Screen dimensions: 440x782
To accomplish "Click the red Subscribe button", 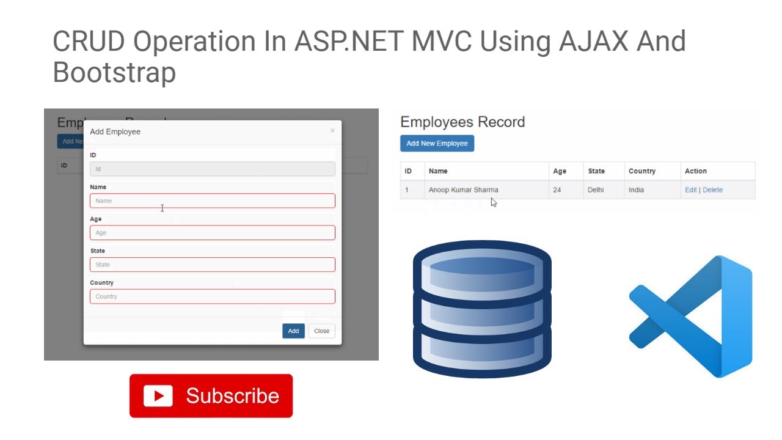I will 211,396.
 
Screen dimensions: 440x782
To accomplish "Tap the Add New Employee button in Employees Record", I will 437,144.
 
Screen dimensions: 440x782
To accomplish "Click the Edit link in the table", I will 690,190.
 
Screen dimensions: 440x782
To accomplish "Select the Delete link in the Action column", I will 712,190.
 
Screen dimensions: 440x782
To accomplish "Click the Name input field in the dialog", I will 212,201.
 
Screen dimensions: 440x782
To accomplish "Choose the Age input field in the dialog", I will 212,233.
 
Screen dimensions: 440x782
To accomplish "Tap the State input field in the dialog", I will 212,265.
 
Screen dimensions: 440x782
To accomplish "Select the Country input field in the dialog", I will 212,296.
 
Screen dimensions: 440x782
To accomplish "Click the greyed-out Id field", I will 212,169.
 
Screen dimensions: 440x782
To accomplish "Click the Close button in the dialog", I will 321,331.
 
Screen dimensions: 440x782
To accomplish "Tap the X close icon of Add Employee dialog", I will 332,130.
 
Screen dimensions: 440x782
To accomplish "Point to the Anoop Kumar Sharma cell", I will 463,190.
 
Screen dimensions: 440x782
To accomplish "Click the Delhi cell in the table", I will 596,190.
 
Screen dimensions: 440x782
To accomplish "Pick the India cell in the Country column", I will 636,190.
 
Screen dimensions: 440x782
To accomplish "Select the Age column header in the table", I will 560,171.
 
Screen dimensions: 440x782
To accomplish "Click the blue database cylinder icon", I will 482,309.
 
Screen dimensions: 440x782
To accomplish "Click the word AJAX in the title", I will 593,42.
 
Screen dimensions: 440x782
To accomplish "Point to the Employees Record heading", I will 462,122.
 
